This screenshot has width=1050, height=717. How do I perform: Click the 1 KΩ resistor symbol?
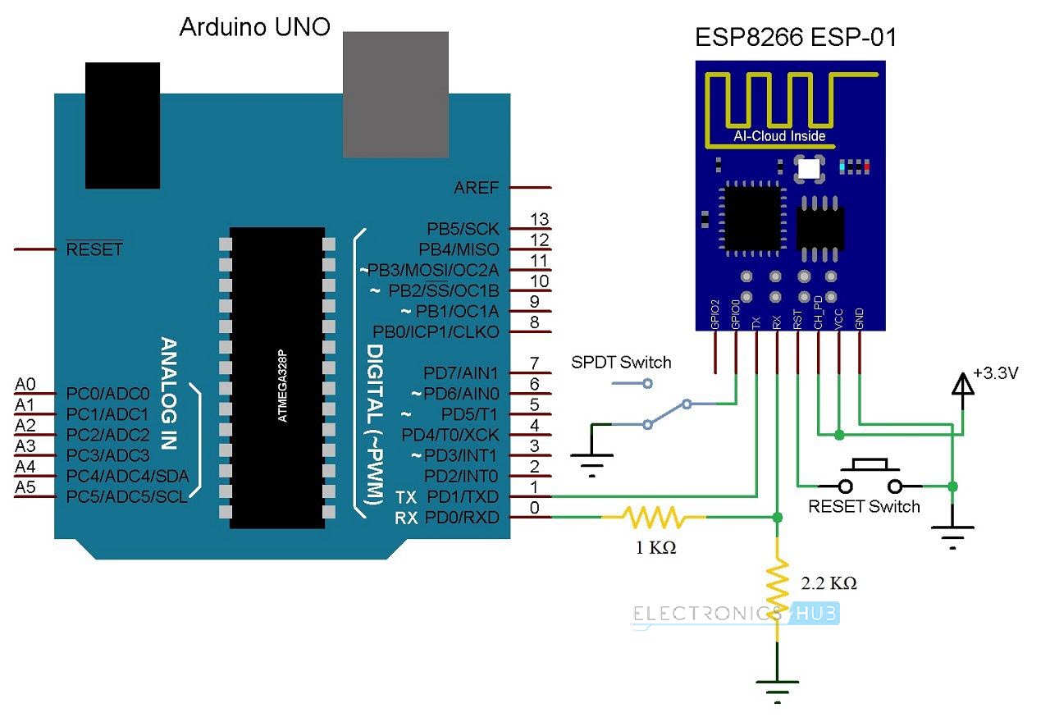654,517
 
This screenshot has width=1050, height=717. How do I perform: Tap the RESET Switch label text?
864,506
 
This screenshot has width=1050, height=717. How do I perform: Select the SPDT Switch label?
620,362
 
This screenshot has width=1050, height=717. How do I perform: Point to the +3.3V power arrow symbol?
962,385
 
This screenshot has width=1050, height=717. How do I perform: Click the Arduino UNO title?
254,28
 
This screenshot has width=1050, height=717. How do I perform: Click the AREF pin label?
476,188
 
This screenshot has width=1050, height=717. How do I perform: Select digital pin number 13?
539,219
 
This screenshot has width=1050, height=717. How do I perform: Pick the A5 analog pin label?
25,487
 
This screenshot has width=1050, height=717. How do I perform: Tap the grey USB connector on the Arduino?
395,94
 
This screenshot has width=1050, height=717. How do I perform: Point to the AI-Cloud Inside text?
778,136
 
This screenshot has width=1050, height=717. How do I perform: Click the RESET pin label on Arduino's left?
94,249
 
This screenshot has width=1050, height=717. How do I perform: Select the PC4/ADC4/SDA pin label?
127,476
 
